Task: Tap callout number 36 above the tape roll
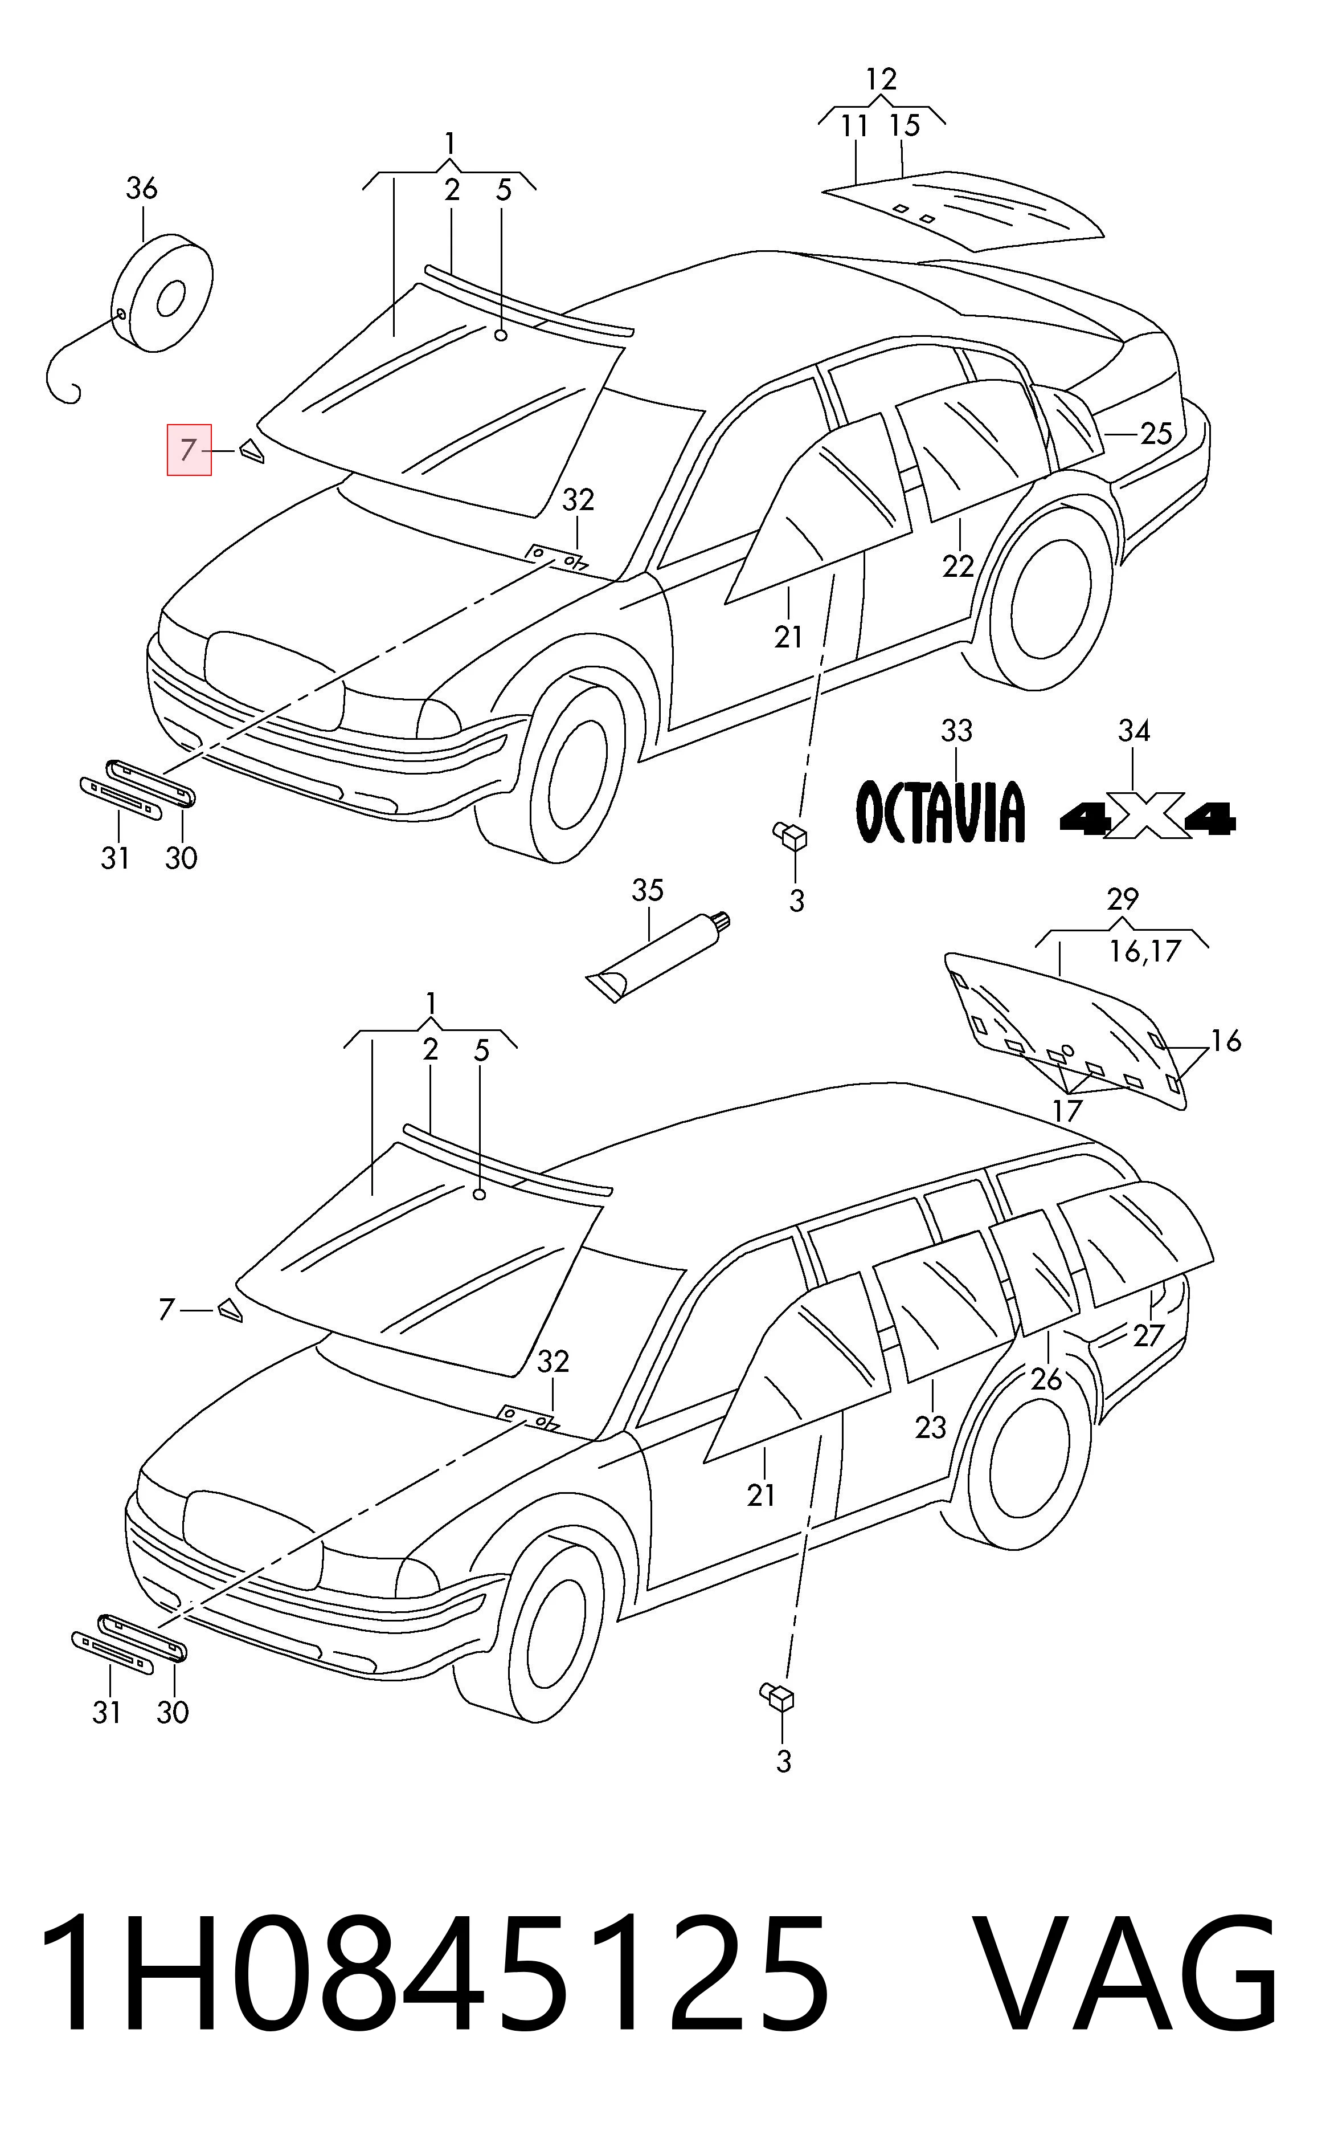[142, 188]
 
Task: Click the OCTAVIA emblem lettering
[940, 810]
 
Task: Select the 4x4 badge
[1148, 818]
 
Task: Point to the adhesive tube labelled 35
[660, 958]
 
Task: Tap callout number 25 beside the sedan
[1156, 433]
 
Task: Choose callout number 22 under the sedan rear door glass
[958, 566]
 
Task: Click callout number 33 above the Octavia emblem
[956, 730]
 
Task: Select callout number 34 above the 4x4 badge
[1134, 730]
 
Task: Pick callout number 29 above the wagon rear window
[1123, 899]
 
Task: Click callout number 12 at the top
[881, 79]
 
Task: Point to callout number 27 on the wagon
[1148, 1335]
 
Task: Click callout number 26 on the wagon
[1046, 1379]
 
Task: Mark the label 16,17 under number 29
[1144, 951]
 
